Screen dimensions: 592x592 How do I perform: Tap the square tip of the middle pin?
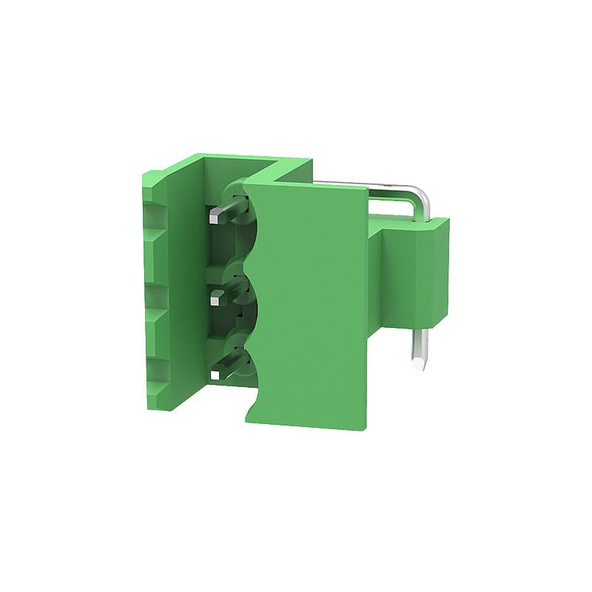tap(218, 297)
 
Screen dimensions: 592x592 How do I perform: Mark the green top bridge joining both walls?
tap(244, 163)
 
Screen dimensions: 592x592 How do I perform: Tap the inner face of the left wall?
tap(189, 296)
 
